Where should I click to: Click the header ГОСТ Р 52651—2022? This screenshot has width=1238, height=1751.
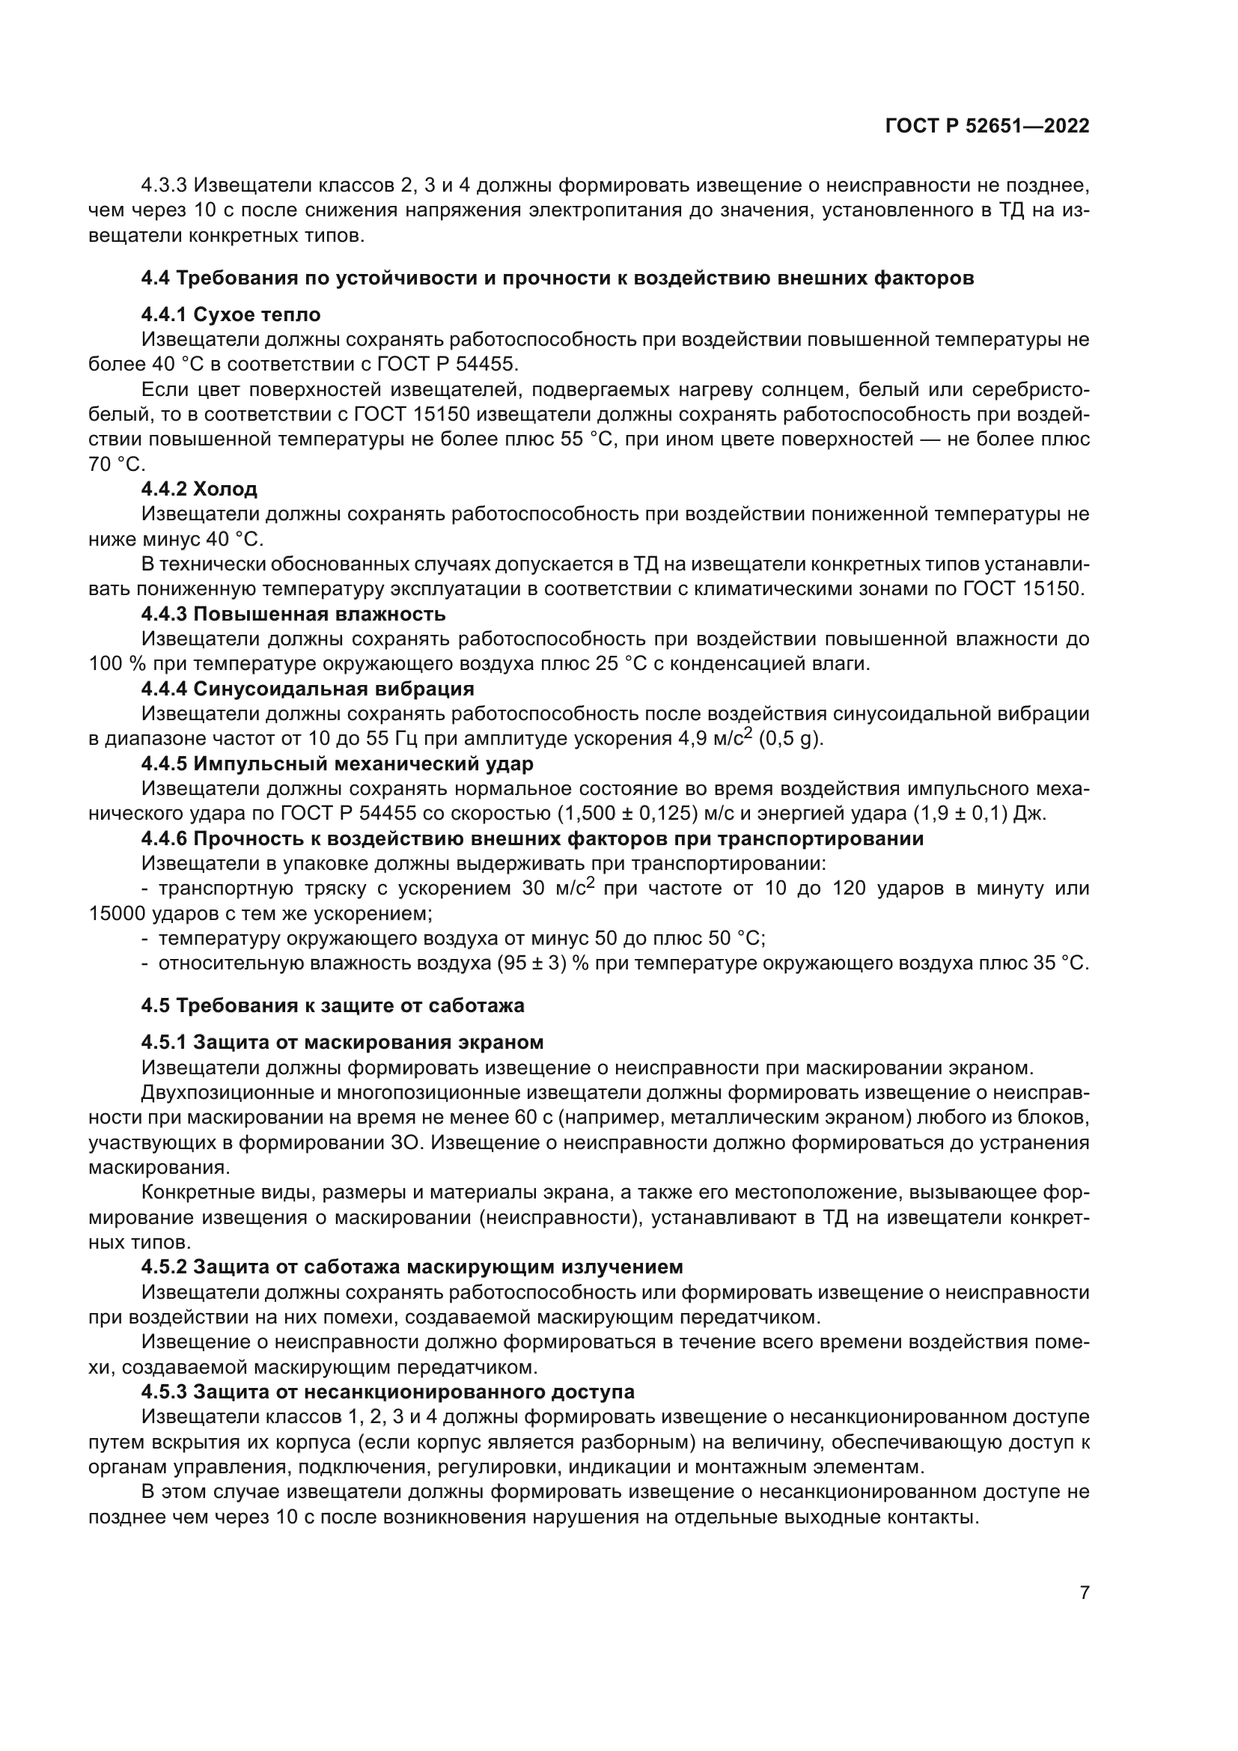point(987,126)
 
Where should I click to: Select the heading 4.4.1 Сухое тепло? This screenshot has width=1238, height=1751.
point(231,314)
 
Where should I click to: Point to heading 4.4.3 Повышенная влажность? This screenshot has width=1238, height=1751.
point(293,613)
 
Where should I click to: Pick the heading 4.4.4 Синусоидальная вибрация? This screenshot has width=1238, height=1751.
point(307,689)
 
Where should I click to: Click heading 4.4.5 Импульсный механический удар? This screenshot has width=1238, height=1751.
point(337,764)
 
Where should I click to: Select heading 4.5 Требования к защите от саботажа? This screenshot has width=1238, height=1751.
point(332,1005)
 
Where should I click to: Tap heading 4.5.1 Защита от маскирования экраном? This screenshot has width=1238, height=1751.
point(342,1042)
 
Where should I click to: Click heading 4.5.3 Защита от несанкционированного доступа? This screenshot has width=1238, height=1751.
point(387,1391)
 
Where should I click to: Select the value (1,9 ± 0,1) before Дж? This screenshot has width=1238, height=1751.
point(960,814)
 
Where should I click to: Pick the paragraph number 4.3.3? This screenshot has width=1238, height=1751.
point(165,186)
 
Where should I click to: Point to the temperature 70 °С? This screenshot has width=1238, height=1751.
point(116,463)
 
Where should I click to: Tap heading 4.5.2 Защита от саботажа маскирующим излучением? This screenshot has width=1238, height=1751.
point(412,1267)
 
